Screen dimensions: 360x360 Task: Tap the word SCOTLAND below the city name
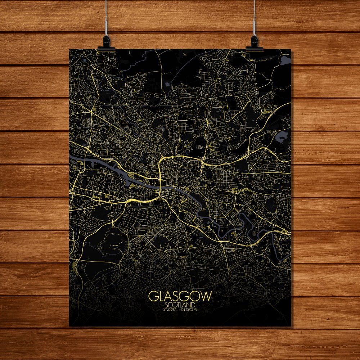tap(180, 305)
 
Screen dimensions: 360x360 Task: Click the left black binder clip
tap(106, 42)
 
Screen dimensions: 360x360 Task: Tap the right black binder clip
tap(255, 42)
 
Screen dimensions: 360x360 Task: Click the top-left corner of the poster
tap(69, 49)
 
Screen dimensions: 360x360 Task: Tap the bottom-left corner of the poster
tap(69, 326)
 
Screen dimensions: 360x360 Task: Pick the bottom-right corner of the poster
tap(291, 326)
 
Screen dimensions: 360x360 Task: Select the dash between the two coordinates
tap(180, 310)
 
